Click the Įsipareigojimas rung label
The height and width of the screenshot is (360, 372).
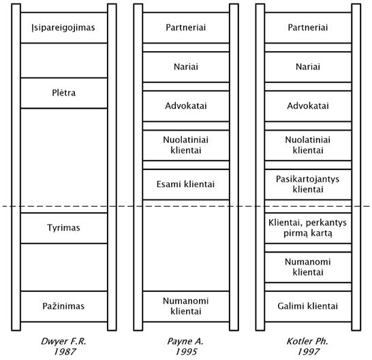(63, 28)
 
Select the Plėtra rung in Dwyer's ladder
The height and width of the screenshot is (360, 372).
(64, 93)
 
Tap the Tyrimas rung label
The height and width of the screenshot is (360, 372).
(63, 228)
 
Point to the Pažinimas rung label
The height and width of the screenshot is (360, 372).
(63, 306)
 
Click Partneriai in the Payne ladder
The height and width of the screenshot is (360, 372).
(186, 27)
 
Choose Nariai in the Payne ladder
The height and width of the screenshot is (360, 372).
(186, 67)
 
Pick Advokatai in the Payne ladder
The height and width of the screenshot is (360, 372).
(186, 105)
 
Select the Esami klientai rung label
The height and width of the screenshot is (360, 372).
(185, 184)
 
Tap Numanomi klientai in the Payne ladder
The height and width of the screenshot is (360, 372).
(186, 306)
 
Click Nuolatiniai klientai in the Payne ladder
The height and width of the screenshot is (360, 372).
(186, 145)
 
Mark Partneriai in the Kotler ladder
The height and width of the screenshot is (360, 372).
(308, 27)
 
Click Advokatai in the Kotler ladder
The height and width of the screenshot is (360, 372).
(308, 105)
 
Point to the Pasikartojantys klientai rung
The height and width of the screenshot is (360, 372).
(308, 184)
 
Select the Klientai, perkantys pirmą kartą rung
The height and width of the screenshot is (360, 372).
(308, 228)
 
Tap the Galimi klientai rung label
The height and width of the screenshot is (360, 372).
(308, 306)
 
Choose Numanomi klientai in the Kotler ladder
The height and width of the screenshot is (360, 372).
(308, 267)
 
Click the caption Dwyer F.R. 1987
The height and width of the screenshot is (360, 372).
(63, 346)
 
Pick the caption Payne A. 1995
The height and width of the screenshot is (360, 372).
(186, 346)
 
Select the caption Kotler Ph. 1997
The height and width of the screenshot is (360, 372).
(308, 346)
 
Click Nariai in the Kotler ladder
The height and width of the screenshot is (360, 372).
(308, 67)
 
